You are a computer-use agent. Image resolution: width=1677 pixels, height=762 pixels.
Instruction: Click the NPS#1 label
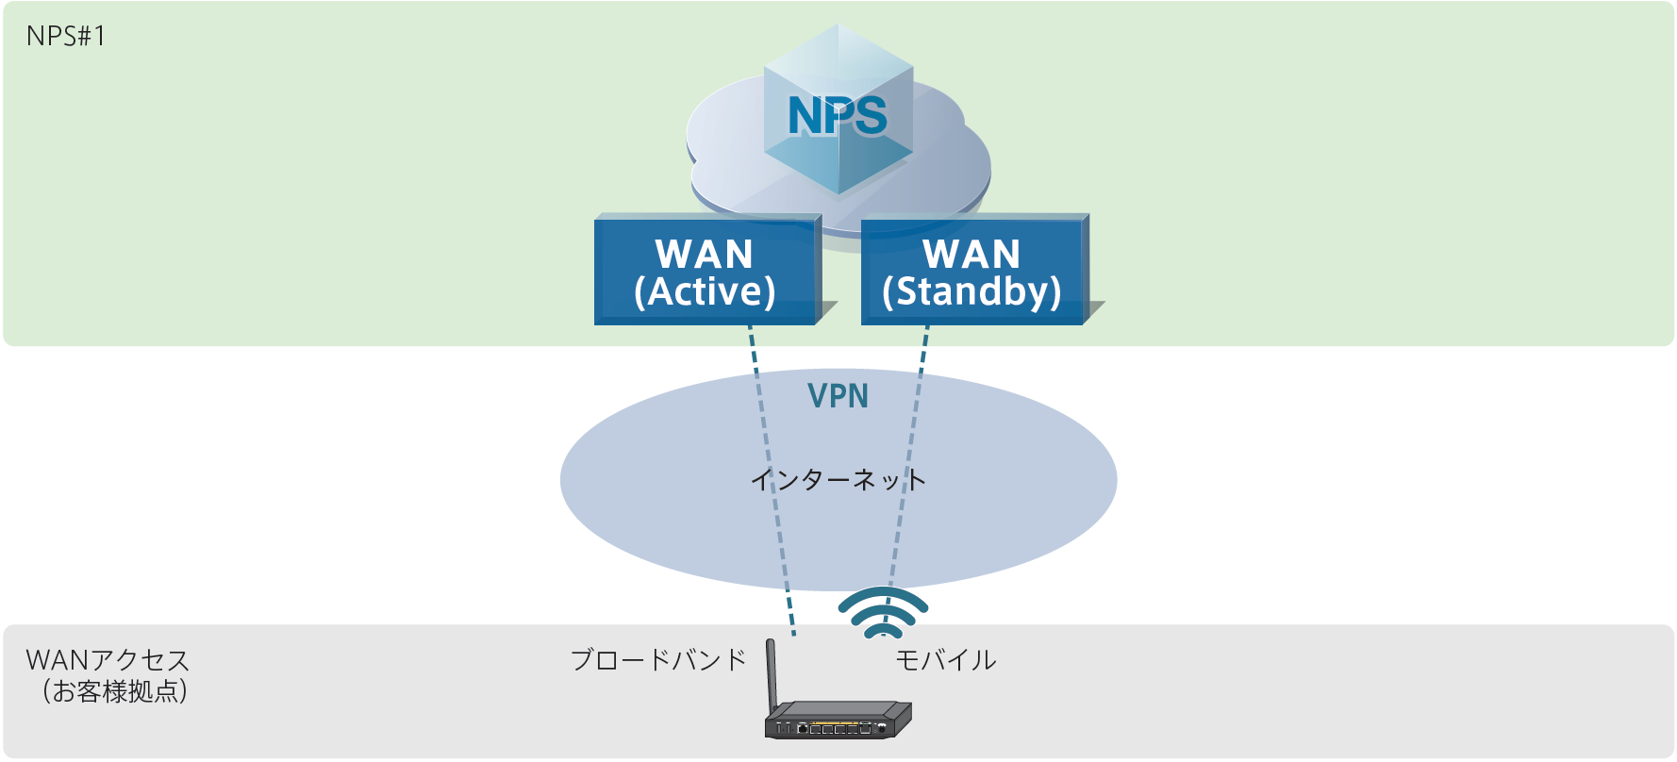click(x=66, y=36)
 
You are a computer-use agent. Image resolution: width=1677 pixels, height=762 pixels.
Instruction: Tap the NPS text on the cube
click(x=838, y=116)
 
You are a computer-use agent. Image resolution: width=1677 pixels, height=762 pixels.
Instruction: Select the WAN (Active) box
click(x=706, y=273)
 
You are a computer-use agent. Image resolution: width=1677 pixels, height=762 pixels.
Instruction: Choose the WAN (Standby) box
click(x=972, y=273)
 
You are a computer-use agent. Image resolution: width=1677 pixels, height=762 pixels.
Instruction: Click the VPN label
click(x=838, y=396)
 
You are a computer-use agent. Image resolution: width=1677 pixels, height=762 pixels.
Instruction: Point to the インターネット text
click(x=838, y=480)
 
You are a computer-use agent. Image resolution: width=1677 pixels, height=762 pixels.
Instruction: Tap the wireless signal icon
click(x=883, y=613)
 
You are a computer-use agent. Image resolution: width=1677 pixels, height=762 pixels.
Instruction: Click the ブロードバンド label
click(x=658, y=659)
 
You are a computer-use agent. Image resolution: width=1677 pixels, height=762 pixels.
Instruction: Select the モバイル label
click(x=945, y=659)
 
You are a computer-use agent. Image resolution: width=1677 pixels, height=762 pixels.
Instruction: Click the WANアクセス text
click(x=108, y=659)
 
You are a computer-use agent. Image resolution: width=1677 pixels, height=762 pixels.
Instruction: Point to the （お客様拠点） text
click(x=114, y=691)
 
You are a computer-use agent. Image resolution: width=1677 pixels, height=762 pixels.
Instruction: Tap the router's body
click(x=838, y=721)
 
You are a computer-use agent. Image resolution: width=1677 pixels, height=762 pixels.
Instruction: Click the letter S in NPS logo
click(x=868, y=116)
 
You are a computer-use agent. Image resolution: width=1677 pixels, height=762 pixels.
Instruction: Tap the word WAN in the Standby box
click(x=971, y=254)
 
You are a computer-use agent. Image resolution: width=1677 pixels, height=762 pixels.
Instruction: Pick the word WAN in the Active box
click(x=705, y=254)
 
